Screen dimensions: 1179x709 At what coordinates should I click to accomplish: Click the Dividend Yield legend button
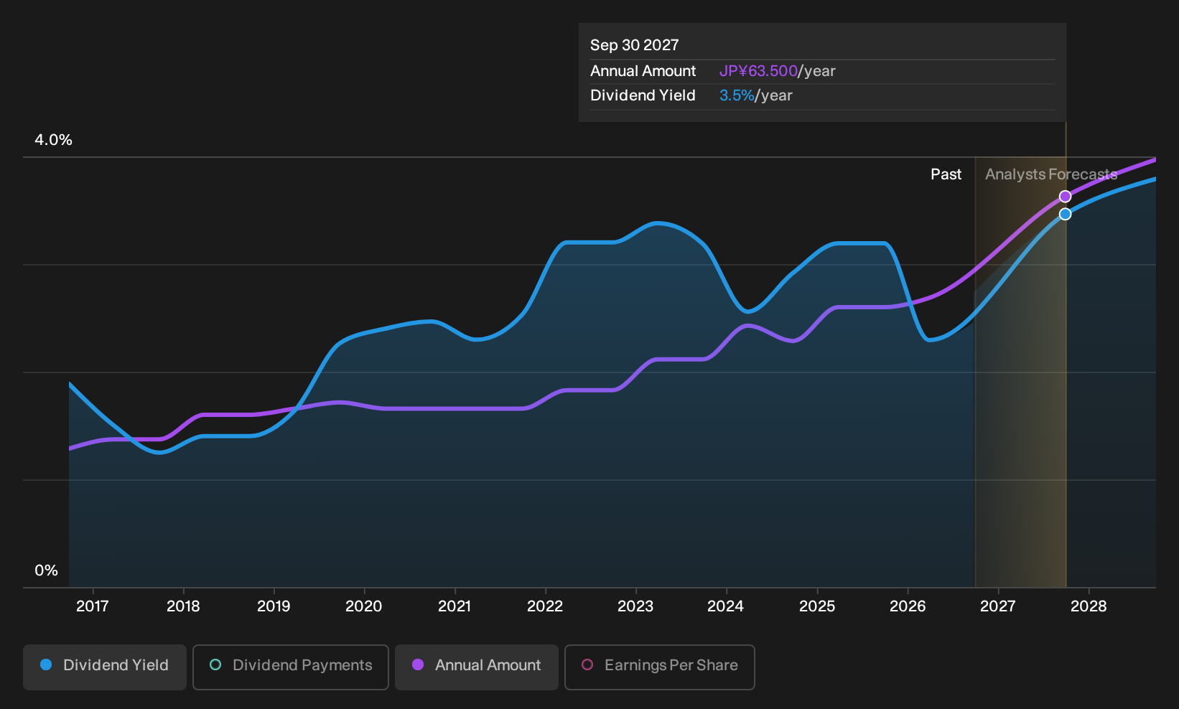pyautogui.click(x=105, y=667)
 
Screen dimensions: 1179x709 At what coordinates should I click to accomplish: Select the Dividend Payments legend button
pyautogui.click(x=291, y=667)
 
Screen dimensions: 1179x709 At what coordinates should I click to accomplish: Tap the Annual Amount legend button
pyautogui.click(x=476, y=667)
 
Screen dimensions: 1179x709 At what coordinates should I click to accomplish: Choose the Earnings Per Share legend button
pyautogui.click(x=659, y=667)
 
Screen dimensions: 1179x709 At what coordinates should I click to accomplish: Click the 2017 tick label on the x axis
pyautogui.click(x=93, y=606)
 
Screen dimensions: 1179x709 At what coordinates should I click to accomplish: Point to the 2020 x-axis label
pyautogui.click(x=364, y=606)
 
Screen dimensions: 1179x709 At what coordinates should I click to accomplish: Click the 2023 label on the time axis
pyautogui.click(x=635, y=606)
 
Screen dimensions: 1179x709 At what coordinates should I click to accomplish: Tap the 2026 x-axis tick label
pyautogui.click(x=908, y=606)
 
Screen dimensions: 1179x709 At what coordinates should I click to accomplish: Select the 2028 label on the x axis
pyautogui.click(x=1089, y=606)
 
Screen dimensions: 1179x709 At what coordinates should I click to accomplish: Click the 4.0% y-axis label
pyautogui.click(x=53, y=140)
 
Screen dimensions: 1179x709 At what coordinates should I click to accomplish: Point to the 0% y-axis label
pyautogui.click(x=47, y=571)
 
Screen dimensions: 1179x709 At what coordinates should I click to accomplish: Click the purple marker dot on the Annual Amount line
pyautogui.click(x=1066, y=197)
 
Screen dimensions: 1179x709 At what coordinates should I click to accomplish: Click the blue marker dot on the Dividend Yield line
pyautogui.click(x=1066, y=214)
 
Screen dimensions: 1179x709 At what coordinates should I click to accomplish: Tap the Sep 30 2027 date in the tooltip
pyautogui.click(x=634, y=45)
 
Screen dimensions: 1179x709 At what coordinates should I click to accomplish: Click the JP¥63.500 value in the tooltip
pyautogui.click(x=758, y=71)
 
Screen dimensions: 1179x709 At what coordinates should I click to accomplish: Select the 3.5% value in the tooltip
pyautogui.click(x=737, y=95)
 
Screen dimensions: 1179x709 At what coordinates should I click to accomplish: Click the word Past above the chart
pyautogui.click(x=946, y=174)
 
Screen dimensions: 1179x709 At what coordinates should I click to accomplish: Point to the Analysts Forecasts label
pyautogui.click(x=1051, y=174)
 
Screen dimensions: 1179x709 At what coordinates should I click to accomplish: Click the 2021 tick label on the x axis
pyautogui.click(x=455, y=606)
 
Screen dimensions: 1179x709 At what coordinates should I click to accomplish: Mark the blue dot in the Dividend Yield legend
pyautogui.click(x=47, y=665)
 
